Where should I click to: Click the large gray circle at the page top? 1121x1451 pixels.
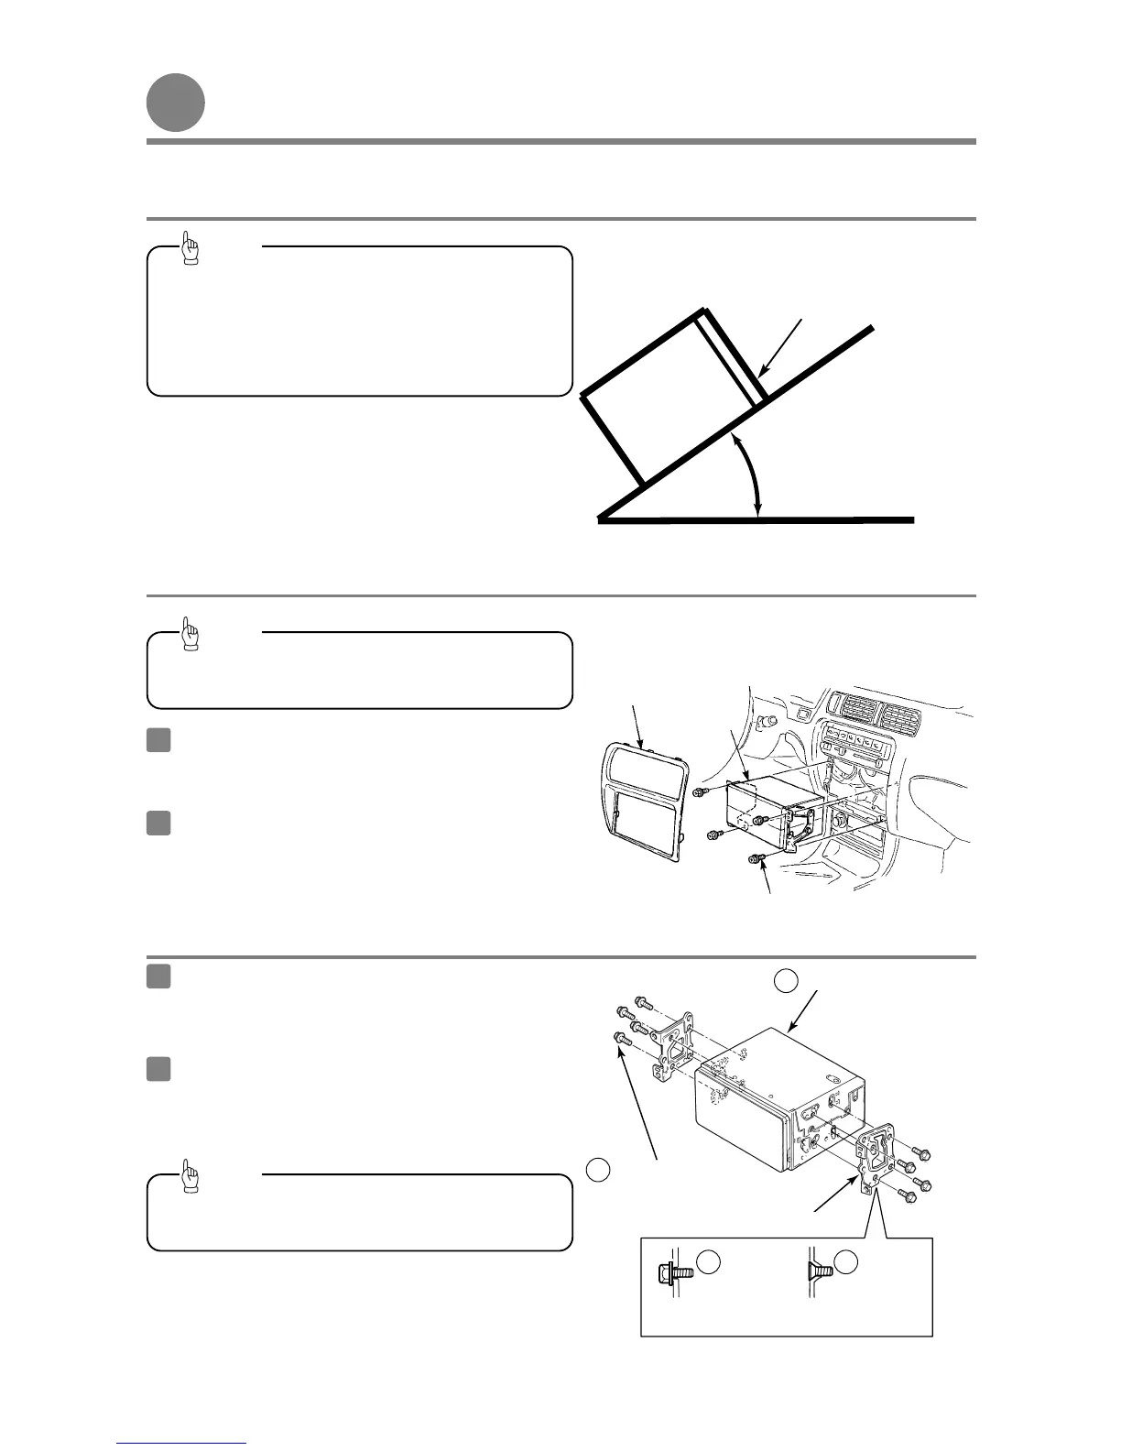(175, 103)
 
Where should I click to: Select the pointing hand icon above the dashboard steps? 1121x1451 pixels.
(190, 633)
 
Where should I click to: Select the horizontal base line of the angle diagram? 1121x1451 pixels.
(756, 520)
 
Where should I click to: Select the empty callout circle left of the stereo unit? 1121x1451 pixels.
(597, 1168)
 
